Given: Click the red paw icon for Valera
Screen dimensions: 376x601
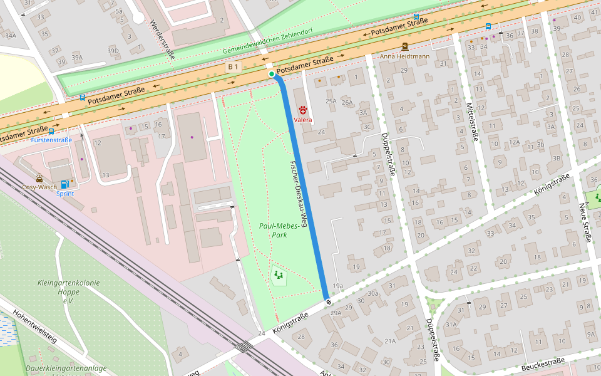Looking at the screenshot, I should pos(302,110).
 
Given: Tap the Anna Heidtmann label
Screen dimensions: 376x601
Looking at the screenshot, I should pos(404,56).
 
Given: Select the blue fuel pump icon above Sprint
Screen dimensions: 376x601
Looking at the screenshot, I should pos(64,184).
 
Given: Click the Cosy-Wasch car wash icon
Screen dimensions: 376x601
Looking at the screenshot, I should pos(39,177).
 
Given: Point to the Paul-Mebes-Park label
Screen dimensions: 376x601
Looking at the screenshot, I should pos(272,230).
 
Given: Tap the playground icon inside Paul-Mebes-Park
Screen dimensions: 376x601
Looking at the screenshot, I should pos(278,274).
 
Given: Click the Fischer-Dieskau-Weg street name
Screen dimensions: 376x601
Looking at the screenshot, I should pos(299,194).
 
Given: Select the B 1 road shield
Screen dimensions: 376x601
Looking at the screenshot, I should pos(234,66).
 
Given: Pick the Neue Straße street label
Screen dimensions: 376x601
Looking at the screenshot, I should pos(585,222).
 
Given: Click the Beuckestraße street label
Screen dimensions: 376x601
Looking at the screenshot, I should pos(542,365).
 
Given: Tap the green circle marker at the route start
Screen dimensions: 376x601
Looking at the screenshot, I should pos(271,74).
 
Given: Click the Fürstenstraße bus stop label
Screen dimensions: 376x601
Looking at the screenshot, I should pos(51,140).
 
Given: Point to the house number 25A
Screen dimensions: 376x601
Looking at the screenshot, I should pos(331,101).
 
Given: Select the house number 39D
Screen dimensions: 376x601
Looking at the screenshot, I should pos(113,51).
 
